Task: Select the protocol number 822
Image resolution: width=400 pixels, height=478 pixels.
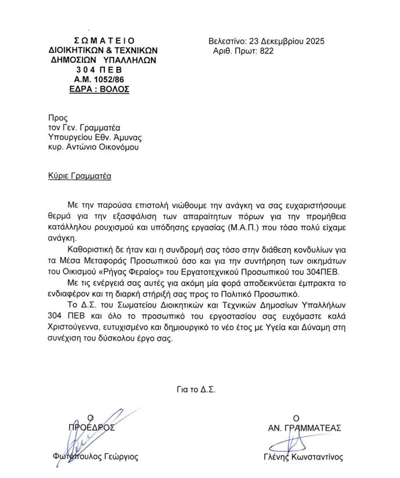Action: pos(266,51)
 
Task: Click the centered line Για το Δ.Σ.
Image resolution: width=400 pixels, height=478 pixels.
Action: pos(196,389)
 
